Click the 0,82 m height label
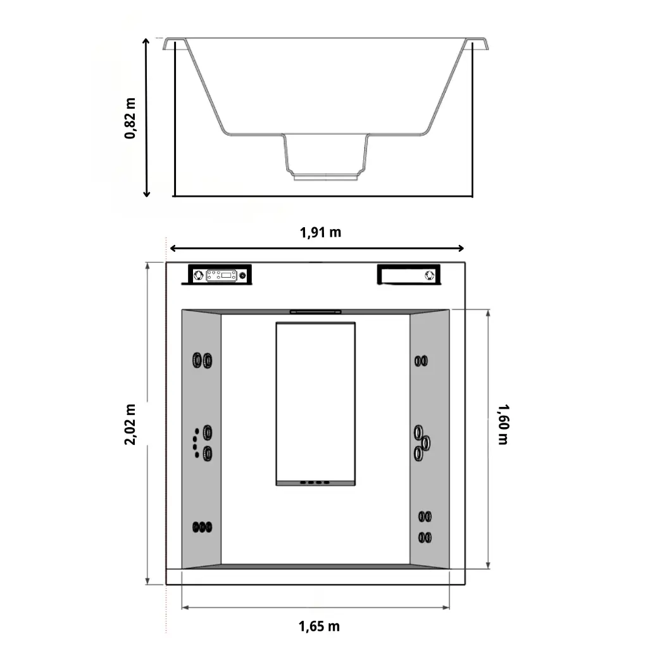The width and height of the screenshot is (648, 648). click(x=130, y=118)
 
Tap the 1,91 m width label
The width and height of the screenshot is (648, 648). click(x=320, y=232)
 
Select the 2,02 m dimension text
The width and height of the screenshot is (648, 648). click(x=130, y=424)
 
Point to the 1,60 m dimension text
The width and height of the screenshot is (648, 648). click(x=503, y=424)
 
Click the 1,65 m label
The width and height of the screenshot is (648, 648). click(x=319, y=626)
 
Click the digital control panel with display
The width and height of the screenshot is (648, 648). click(x=221, y=275)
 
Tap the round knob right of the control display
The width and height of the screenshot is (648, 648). click(x=242, y=275)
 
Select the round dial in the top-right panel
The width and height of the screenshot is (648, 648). click(x=430, y=275)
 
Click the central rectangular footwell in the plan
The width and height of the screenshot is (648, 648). click(x=315, y=403)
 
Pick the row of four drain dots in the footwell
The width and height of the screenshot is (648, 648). click(x=315, y=482)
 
